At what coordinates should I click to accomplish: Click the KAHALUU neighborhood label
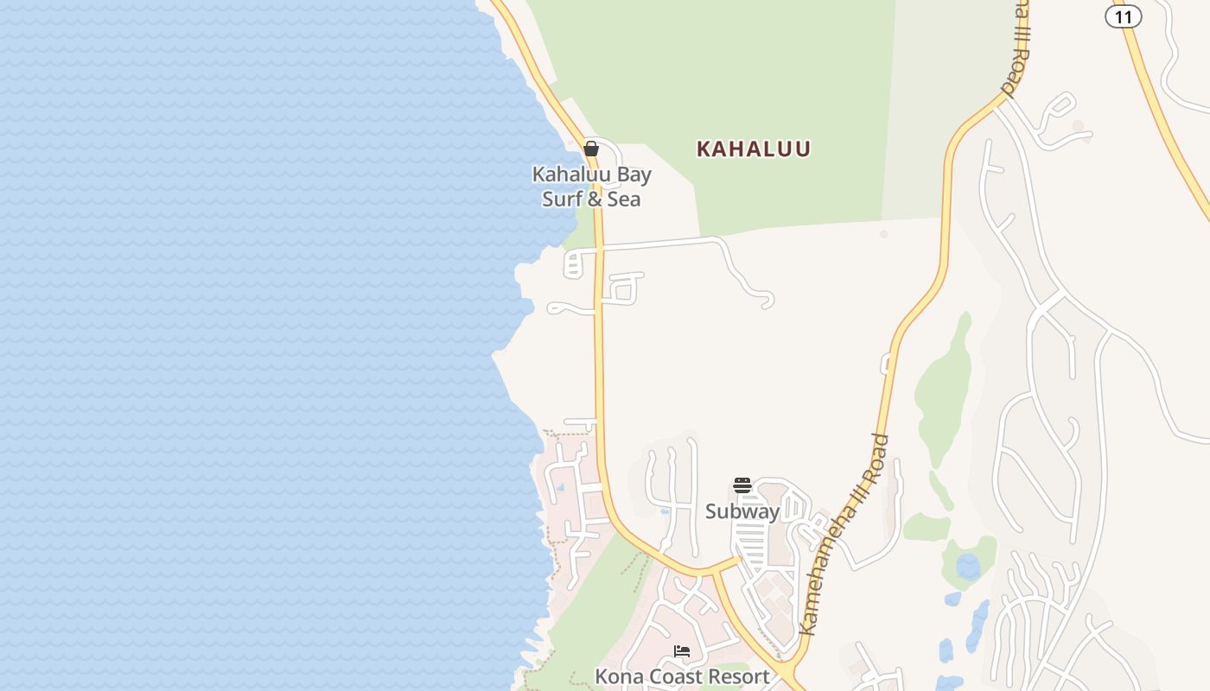(754, 149)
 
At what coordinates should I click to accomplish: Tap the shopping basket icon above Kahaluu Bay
(591, 149)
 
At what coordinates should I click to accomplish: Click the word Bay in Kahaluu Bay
(634, 174)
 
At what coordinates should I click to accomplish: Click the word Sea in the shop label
(625, 200)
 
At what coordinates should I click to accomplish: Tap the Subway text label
(742, 511)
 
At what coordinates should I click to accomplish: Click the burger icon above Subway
(742, 485)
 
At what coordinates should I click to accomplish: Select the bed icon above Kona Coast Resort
(682, 651)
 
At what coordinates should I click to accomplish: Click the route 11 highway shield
(1123, 16)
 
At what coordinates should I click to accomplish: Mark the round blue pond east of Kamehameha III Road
(968, 567)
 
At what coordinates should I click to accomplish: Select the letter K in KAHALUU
(704, 149)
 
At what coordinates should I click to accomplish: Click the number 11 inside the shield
(1123, 16)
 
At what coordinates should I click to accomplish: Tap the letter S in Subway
(711, 511)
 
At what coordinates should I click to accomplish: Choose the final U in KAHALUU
(803, 149)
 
